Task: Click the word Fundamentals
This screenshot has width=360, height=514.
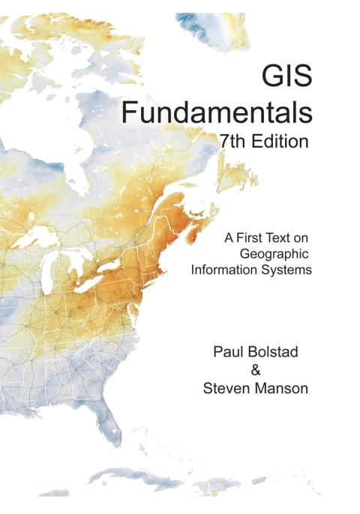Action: pyautogui.click(x=217, y=112)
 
